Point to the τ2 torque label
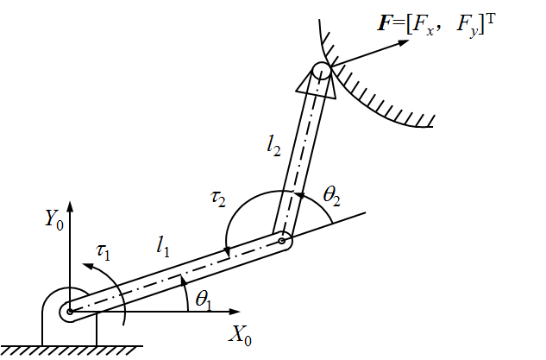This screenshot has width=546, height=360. coord(218,199)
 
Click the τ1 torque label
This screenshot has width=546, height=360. coord(104,252)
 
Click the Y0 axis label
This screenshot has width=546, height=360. coord(54,218)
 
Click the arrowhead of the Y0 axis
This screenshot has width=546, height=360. coord(70,205)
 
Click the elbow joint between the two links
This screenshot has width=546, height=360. coord(282,241)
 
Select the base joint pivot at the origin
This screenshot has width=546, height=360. coord(70,311)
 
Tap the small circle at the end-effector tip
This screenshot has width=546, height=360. coord(320,70)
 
